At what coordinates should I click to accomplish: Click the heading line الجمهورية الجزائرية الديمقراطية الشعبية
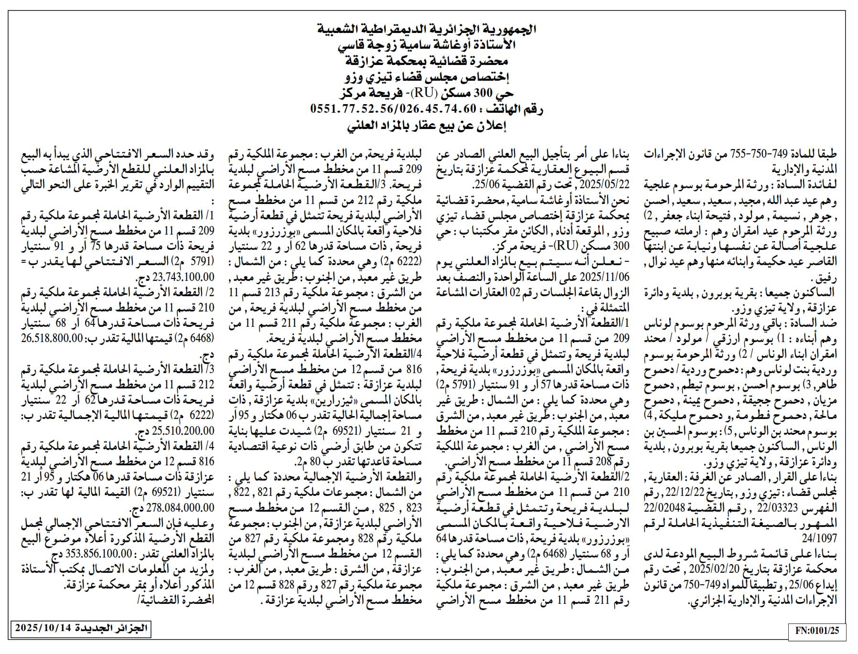click(x=427, y=29)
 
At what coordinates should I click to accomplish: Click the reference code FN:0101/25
click(x=817, y=631)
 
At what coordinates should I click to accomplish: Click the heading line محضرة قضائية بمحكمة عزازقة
click(x=427, y=62)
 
